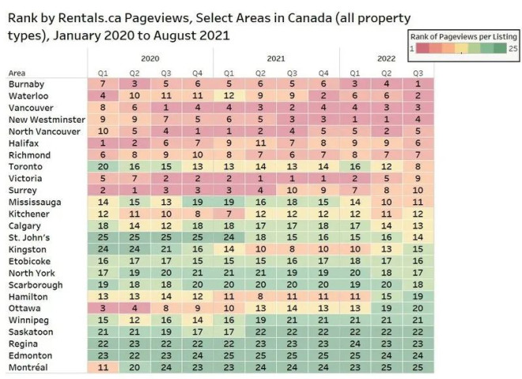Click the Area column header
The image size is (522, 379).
(17, 73)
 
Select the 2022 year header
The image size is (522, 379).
(387, 59)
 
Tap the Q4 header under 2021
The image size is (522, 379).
(322, 73)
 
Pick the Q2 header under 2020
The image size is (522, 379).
(135, 73)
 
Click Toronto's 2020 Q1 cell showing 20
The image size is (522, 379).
(104, 166)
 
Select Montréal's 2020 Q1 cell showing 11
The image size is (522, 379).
(104, 368)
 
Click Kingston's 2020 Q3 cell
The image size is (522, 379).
(166, 249)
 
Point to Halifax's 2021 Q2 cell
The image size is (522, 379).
(260, 142)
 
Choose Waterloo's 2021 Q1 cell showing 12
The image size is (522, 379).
(229, 95)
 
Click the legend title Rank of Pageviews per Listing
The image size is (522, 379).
(463, 36)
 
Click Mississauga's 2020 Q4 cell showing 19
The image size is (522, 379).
(197, 202)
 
